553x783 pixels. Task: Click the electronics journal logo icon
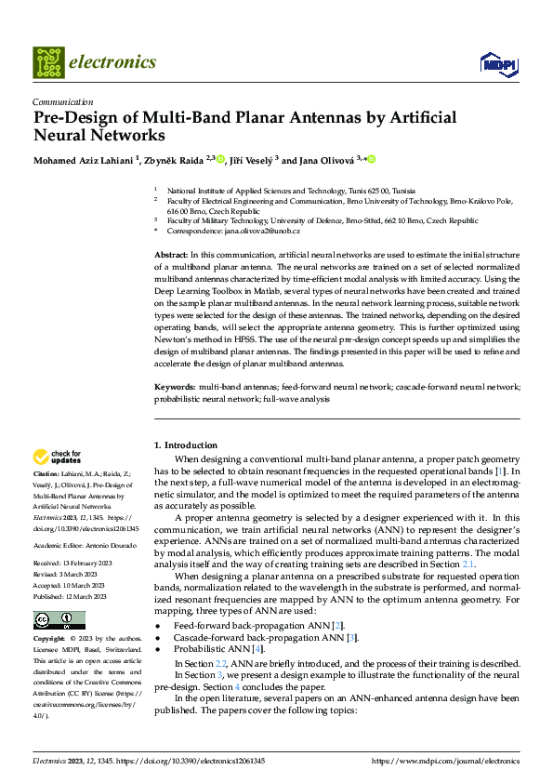[x=48, y=62]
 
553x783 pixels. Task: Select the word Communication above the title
[x=62, y=102]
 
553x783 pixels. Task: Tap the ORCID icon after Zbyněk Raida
[x=221, y=160]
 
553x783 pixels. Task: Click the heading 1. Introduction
[x=186, y=445]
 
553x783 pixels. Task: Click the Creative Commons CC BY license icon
[x=59, y=620]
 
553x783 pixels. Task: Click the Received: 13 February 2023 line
[x=71, y=564]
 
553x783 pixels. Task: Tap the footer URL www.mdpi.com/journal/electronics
[x=445, y=760]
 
